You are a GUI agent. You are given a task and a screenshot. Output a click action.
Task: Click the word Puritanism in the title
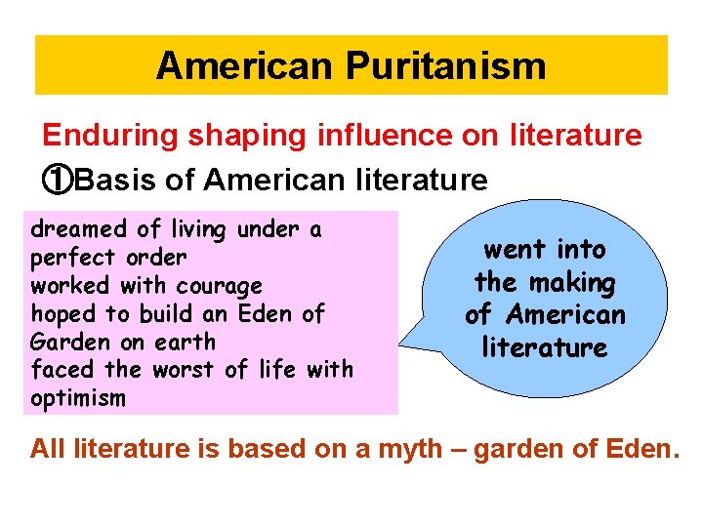pyautogui.click(x=445, y=66)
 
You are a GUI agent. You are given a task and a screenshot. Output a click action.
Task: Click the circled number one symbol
pyautogui.click(x=57, y=180)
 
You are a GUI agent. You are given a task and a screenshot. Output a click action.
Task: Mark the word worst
pyautogui.click(x=192, y=370)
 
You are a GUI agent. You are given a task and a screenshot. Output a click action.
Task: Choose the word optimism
pyautogui.click(x=78, y=397)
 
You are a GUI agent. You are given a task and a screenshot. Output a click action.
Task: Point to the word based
pyautogui.click(x=269, y=449)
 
